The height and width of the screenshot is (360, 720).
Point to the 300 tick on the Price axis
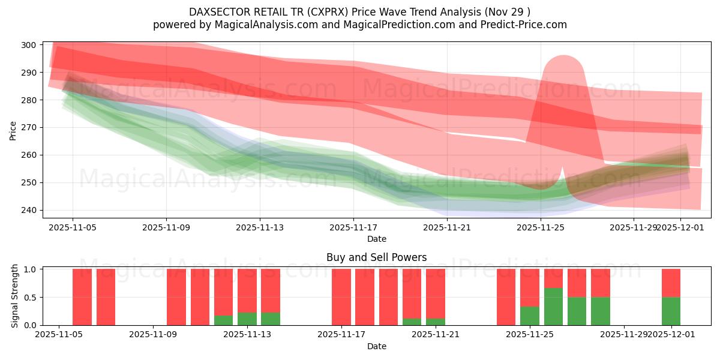click(28, 45)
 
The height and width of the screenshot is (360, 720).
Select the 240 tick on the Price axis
click(28, 210)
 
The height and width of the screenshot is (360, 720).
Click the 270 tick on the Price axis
click(28, 127)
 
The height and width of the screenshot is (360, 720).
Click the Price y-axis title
click(13, 130)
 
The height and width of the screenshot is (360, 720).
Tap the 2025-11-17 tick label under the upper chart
click(353, 227)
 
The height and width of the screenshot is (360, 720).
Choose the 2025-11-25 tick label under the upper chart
click(541, 227)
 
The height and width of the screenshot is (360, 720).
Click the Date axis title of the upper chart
click(377, 239)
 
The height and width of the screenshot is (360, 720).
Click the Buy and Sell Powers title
click(377, 257)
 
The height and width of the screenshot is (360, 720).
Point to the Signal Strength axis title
click(15, 296)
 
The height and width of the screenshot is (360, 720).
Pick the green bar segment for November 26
click(553, 307)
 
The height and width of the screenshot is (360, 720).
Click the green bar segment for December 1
click(671, 311)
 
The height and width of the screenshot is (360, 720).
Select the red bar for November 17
click(341, 297)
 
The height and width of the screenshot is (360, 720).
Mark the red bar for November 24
click(506, 297)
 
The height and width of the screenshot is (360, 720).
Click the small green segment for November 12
click(223, 320)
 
